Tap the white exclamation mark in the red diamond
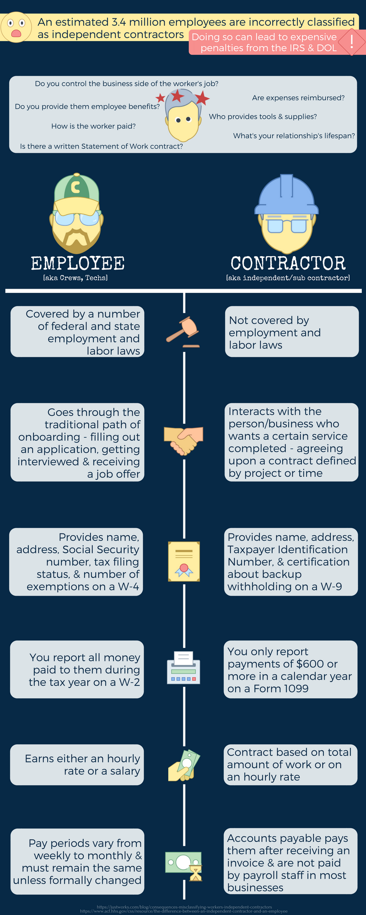coord(351,42)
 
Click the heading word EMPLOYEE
coord(78,264)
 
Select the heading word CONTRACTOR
coord(288,264)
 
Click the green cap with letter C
coord(76,188)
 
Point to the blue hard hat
coord(287,195)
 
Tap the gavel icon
coord(183,330)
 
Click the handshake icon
coord(183,440)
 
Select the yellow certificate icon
coord(184,561)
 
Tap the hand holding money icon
coord(184,765)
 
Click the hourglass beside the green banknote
coord(196,873)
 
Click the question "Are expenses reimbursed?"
coord(298,98)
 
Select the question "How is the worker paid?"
coord(93,126)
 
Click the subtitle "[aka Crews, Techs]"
coord(75,278)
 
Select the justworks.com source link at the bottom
coord(184,906)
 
